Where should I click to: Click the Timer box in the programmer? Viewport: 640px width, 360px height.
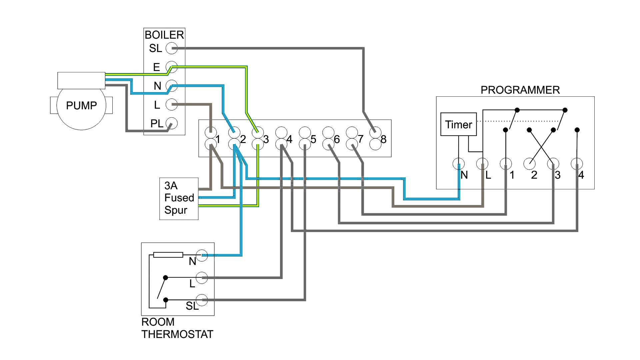458,124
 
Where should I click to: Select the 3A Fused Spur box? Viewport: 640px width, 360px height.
179,198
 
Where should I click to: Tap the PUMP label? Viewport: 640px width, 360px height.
81,106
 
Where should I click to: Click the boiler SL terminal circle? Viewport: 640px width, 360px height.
172,48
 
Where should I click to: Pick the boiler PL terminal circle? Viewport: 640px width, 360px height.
172,123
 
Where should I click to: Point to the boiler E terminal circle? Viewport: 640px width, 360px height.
172,67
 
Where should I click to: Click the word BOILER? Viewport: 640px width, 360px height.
164,35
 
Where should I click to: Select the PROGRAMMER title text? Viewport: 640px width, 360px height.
520,90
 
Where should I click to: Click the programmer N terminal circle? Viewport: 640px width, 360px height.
459,164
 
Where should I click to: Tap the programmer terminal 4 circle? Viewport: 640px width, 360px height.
577,164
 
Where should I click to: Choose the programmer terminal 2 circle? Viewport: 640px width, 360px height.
529,164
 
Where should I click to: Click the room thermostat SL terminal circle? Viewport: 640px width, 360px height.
202,300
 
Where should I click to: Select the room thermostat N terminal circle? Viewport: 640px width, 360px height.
202,255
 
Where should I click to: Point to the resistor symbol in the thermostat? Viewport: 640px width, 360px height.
168,255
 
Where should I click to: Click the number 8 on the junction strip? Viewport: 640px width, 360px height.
384,139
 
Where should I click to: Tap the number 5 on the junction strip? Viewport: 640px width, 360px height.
313,139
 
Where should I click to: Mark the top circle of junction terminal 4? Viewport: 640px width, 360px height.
281,132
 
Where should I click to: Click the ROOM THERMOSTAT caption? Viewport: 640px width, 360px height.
177,328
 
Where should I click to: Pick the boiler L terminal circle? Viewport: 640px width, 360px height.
172,105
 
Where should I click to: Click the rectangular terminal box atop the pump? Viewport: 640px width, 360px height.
81,80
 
